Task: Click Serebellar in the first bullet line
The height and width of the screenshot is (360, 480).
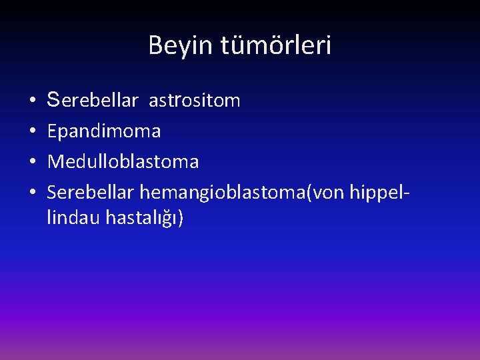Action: point(93,101)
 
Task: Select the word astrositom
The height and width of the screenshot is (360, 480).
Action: point(195,101)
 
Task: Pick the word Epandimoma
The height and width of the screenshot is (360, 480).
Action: point(104,132)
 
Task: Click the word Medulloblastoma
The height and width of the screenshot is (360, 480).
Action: point(123,162)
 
